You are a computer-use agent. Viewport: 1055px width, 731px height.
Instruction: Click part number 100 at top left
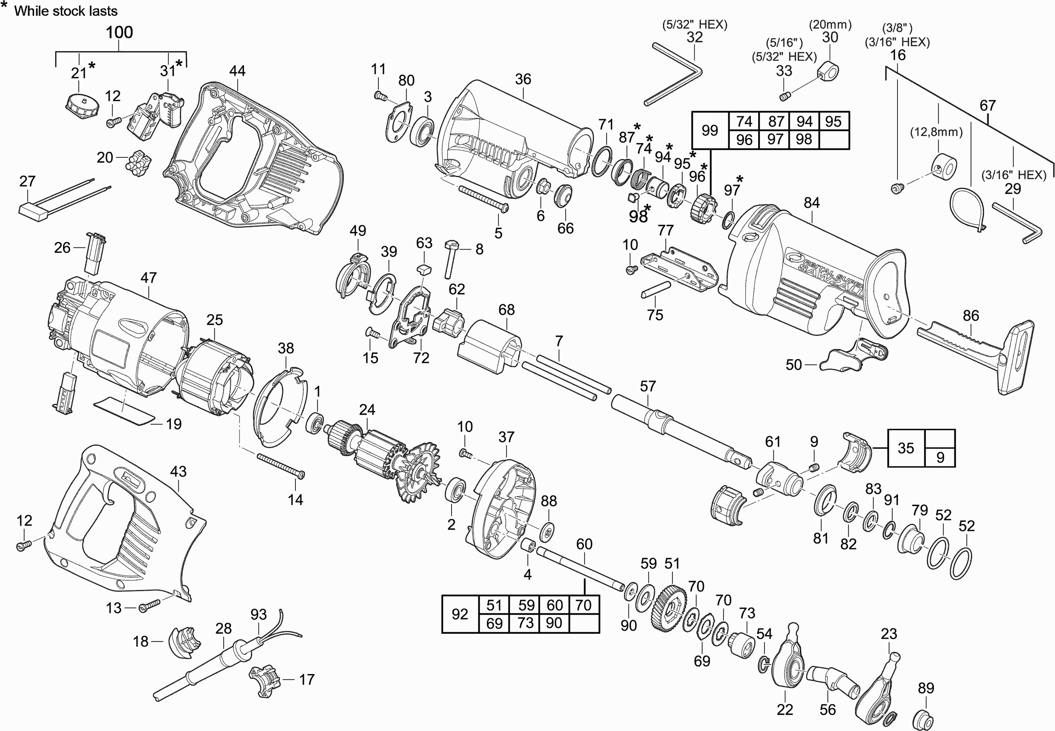pyautogui.click(x=119, y=33)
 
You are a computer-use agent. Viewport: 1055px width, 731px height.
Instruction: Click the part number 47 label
pyautogui.click(x=148, y=278)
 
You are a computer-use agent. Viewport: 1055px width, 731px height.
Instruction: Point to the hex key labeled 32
pyautogui.click(x=674, y=73)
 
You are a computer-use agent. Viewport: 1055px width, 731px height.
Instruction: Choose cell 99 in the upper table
pyautogui.click(x=709, y=130)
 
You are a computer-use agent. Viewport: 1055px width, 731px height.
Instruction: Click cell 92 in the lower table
pyautogui.click(x=460, y=614)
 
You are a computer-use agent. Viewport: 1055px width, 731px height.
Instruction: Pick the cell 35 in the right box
pyautogui.click(x=906, y=448)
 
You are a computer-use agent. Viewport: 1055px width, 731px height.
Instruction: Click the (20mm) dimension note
pyautogui.click(x=830, y=25)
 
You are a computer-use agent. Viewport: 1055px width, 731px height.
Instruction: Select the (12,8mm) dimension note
pyautogui.click(x=936, y=132)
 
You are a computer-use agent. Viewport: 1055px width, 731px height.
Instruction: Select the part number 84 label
pyautogui.click(x=811, y=202)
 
